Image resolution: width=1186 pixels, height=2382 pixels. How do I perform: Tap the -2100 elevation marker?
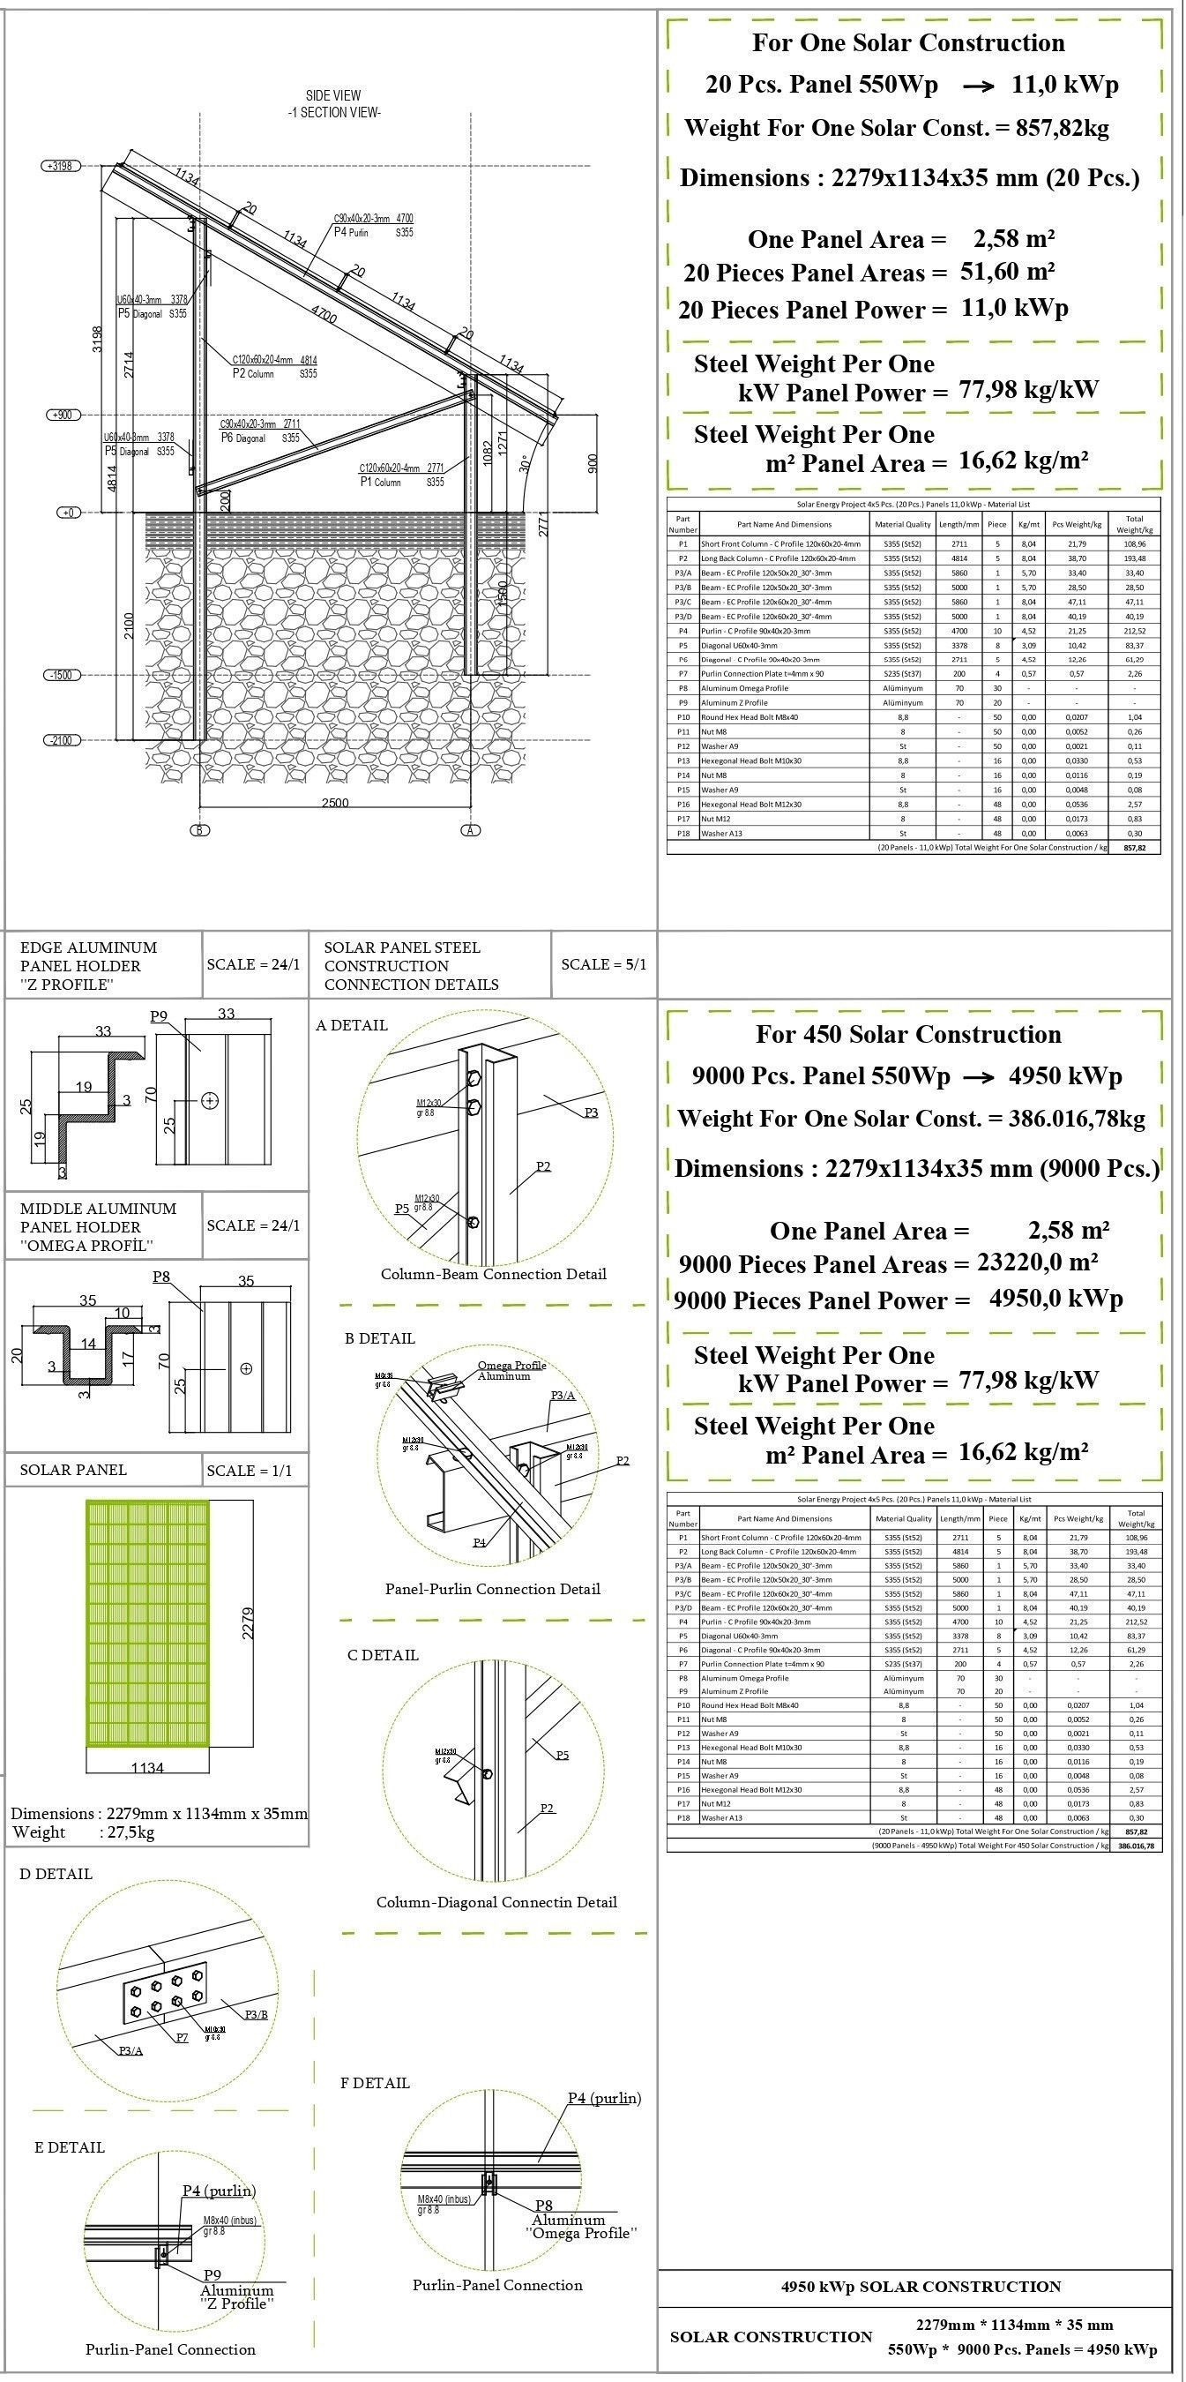tap(61, 740)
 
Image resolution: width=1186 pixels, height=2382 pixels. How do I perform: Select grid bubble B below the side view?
tap(199, 830)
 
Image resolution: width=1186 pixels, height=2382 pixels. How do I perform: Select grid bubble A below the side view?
tap(471, 830)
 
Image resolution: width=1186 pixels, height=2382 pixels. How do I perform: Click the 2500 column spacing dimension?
tap(334, 803)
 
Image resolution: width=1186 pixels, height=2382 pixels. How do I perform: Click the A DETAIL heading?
tap(351, 1024)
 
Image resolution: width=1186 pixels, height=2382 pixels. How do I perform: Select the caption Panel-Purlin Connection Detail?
tap(493, 1589)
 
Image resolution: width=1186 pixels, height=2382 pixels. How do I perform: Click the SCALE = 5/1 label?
tap(604, 963)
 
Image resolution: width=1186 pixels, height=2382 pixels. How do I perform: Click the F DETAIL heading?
tap(375, 2082)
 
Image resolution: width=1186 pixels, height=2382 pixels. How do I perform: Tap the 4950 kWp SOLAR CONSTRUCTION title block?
tap(921, 2286)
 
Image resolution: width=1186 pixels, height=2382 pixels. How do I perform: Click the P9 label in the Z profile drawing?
tap(159, 1016)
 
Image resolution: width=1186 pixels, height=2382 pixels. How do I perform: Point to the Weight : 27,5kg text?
tap(83, 1832)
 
